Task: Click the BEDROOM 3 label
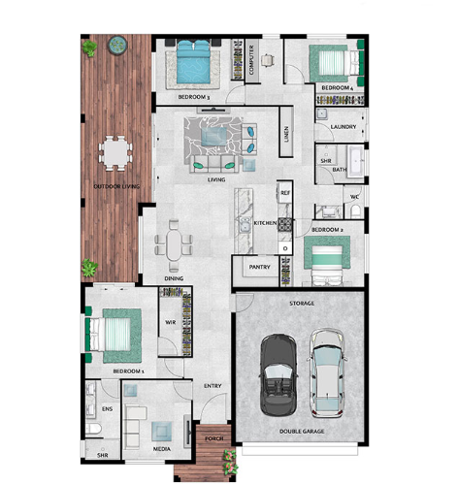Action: tap(194, 97)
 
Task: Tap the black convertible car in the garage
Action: tap(278, 375)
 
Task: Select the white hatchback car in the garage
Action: tap(327, 373)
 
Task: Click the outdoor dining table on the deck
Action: tap(115, 153)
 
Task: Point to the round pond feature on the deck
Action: tap(117, 45)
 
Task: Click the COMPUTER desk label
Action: tap(251, 60)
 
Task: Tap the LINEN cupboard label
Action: tap(286, 134)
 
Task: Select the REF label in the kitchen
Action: tap(285, 193)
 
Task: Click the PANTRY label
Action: tap(259, 267)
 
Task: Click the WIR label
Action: tap(171, 322)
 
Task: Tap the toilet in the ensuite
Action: tap(93, 429)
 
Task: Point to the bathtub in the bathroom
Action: tap(355, 161)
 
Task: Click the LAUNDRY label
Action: tap(343, 127)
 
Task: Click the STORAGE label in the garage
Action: tap(302, 304)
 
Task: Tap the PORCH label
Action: tap(213, 438)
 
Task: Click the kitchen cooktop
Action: tap(285, 224)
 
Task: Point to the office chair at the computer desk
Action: tap(268, 60)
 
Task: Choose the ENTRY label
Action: tap(213, 386)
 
